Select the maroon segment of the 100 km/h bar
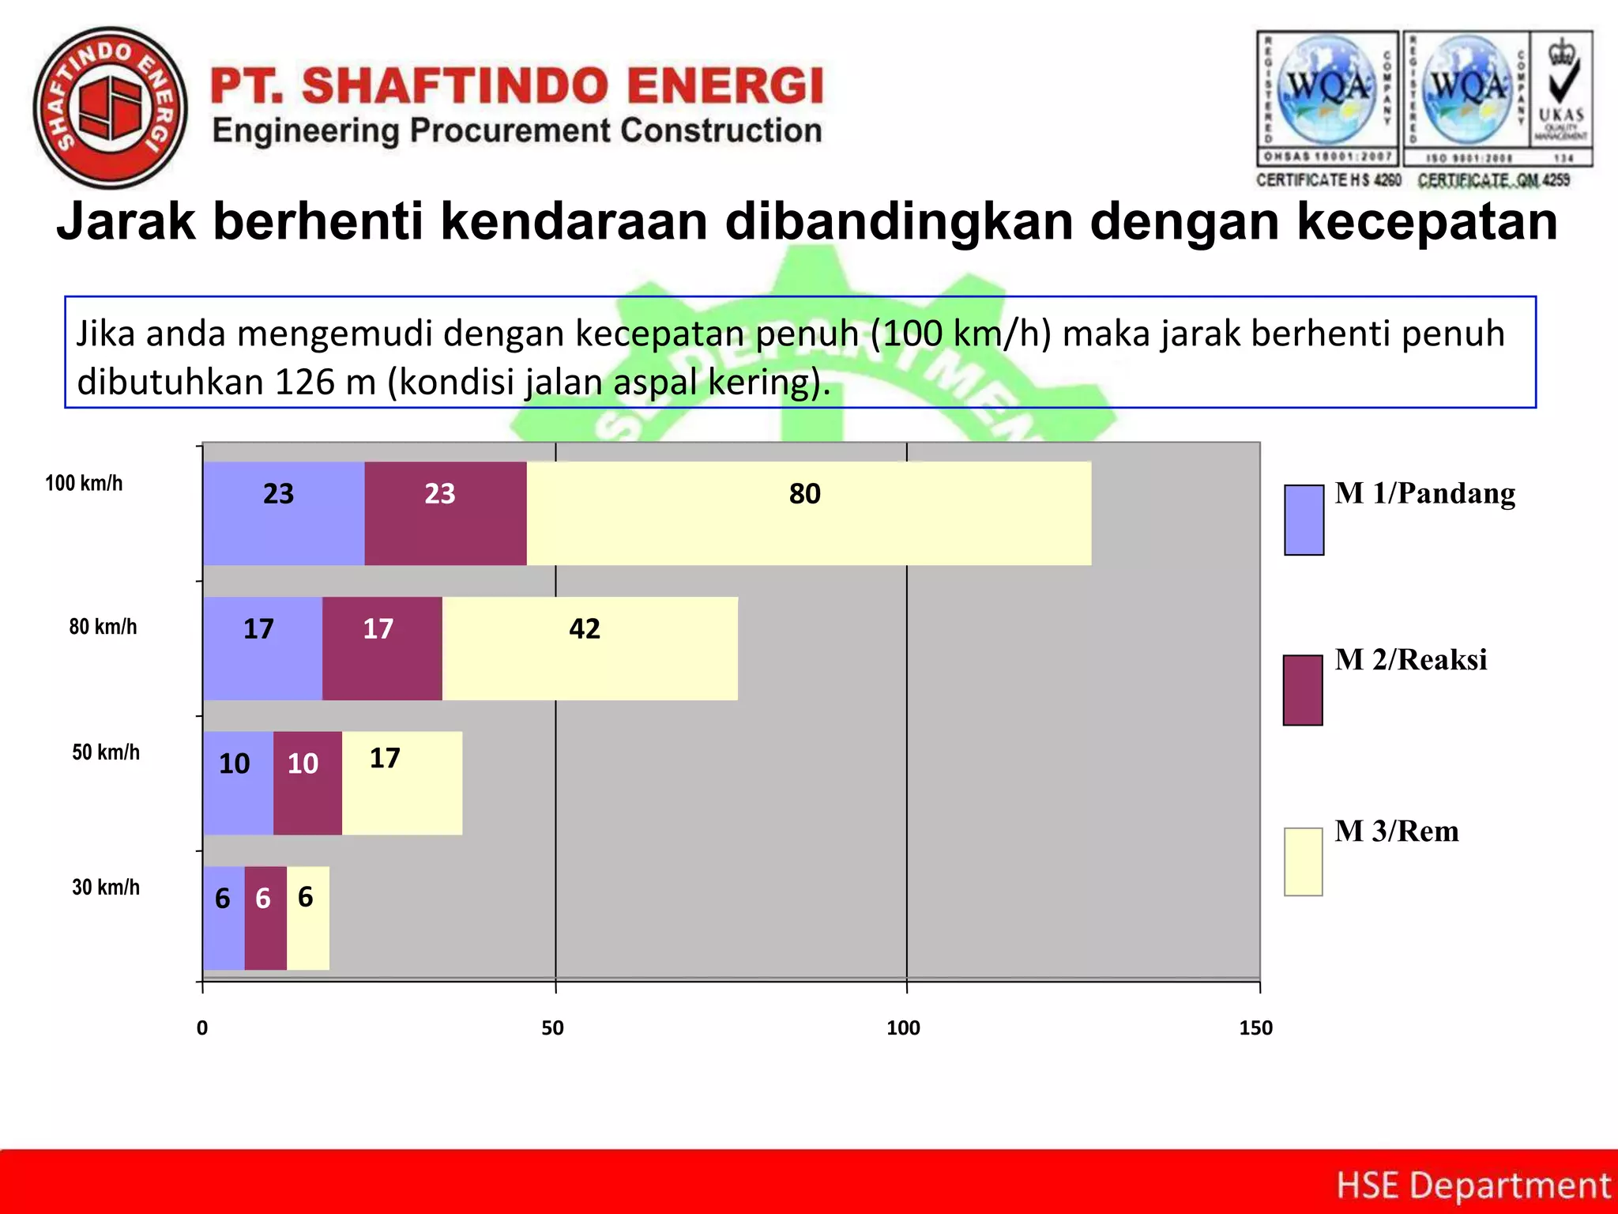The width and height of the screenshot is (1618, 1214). coord(446,514)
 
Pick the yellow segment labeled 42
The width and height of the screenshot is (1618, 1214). coord(589,649)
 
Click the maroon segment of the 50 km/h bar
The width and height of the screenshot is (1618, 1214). coord(307,783)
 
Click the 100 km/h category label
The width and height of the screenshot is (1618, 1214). coord(84,483)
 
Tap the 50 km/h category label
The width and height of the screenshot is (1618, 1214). coord(106,752)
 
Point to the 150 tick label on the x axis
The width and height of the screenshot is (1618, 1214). coord(1255,1027)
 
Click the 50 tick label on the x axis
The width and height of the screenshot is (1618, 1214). coord(553,1027)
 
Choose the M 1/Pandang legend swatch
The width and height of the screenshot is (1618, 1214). coord(1304,519)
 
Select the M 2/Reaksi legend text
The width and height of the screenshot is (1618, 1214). coord(1411,659)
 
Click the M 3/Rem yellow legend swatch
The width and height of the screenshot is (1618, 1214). coord(1303,861)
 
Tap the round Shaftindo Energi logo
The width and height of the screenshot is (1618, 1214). coord(111,107)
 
